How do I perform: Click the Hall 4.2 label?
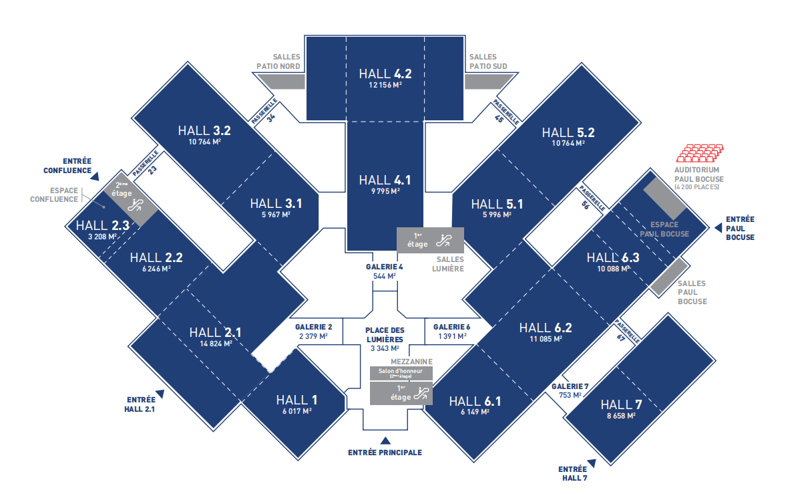pyautogui.click(x=385, y=74)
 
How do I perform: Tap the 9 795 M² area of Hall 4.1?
pyautogui.click(x=385, y=191)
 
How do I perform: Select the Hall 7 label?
pyautogui.click(x=620, y=404)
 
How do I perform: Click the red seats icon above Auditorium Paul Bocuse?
pyautogui.click(x=699, y=154)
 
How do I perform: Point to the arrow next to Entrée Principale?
pyautogui.click(x=385, y=440)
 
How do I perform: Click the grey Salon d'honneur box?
pyautogui.click(x=401, y=373)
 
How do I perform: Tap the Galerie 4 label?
pyautogui.click(x=385, y=267)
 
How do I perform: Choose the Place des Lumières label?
pyautogui.click(x=385, y=334)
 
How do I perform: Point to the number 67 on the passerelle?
pyautogui.click(x=620, y=338)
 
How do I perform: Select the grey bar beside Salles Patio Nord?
pyautogui.click(x=281, y=81)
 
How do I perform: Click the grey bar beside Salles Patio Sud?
pyautogui.click(x=487, y=81)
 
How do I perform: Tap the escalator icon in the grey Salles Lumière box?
pyautogui.click(x=445, y=239)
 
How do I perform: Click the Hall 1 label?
pyautogui.click(x=297, y=400)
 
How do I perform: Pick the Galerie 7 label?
pyautogui.click(x=570, y=386)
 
